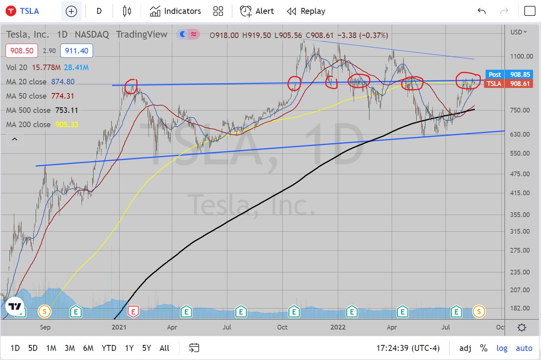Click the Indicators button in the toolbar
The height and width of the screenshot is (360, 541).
pos(175,11)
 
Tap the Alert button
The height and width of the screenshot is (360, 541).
pos(257,11)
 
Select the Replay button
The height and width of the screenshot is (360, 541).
pos(306,11)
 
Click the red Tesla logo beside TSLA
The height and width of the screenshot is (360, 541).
pos(11,11)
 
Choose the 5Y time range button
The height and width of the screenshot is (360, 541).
pos(147,348)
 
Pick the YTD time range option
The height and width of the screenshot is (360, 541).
pos(109,348)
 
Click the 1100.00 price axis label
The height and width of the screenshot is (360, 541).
pos(521,56)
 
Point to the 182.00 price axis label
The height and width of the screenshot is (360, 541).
pos(520,308)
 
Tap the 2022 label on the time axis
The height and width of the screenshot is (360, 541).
pos(338,327)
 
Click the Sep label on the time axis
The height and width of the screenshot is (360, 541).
pos(45,327)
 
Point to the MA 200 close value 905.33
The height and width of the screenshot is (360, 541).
pos(67,124)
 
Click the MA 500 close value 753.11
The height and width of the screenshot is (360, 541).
pos(67,110)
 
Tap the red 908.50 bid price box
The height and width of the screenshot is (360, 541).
pos(22,51)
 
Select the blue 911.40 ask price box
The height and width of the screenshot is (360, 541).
pos(76,51)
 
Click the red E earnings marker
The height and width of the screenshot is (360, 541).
pos(133,312)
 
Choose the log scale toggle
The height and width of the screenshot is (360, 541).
pos(502,348)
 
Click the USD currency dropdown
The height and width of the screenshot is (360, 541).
pos(518,32)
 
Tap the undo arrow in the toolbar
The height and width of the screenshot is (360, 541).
pos(482,11)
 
